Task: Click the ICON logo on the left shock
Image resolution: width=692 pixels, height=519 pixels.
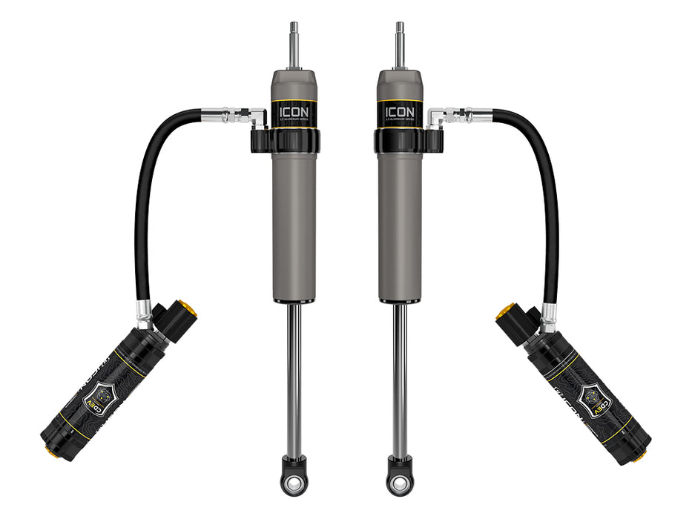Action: [294, 113]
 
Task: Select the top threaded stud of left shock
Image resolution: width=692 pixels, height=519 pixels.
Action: [294, 44]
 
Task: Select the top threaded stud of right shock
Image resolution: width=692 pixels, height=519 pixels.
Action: [401, 44]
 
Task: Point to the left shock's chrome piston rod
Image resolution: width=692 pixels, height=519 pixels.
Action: [294, 378]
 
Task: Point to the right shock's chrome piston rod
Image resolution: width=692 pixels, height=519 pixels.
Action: [401, 378]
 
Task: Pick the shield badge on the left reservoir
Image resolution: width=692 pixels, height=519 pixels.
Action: [98, 393]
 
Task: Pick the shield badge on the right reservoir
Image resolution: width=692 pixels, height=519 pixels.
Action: [595, 393]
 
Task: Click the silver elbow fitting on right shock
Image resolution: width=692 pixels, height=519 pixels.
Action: [440, 117]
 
